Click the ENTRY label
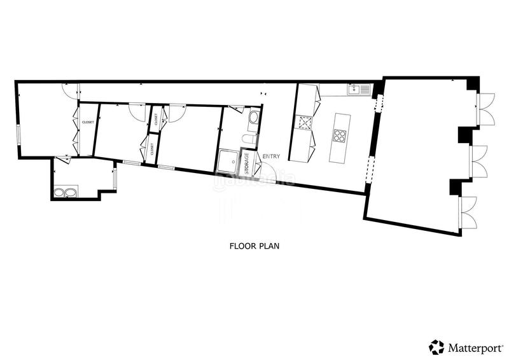271,156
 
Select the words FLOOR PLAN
254,245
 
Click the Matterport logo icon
436,347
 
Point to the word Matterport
473,347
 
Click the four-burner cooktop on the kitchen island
340,135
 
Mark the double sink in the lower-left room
66,192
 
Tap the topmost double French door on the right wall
485,109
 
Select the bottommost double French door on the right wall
470,213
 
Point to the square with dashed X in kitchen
303,122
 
